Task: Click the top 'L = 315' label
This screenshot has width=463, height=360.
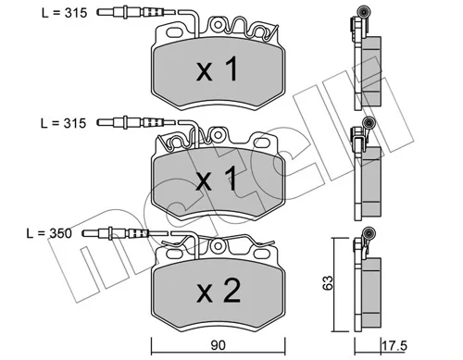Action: pyautogui.click(x=65, y=13)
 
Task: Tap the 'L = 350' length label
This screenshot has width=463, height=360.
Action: pyautogui.click(x=49, y=233)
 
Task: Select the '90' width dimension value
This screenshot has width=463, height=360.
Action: pyautogui.click(x=218, y=345)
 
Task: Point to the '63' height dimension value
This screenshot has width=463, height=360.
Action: pyautogui.click(x=328, y=282)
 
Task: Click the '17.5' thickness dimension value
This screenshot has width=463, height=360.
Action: pyautogui.click(x=394, y=345)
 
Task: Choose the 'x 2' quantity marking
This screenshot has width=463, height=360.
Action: pyautogui.click(x=219, y=290)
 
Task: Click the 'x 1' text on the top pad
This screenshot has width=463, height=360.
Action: pyautogui.click(x=218, y=69)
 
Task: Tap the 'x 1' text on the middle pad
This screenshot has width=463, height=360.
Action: pyautogui.click(x=218, y=180)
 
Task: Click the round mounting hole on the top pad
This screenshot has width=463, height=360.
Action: pyautogui.click(x=218, y=25)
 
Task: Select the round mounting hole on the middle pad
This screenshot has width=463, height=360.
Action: pyautogui.click(x=219, y=135)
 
